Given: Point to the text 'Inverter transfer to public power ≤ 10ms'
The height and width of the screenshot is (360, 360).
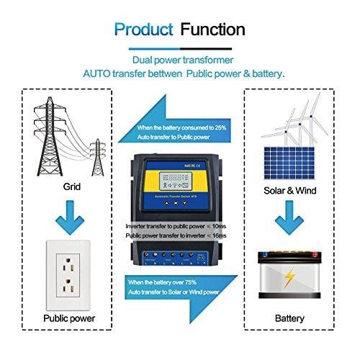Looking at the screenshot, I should pos(176,225).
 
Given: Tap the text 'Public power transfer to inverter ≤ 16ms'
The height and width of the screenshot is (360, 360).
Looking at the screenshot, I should pos(176,235).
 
